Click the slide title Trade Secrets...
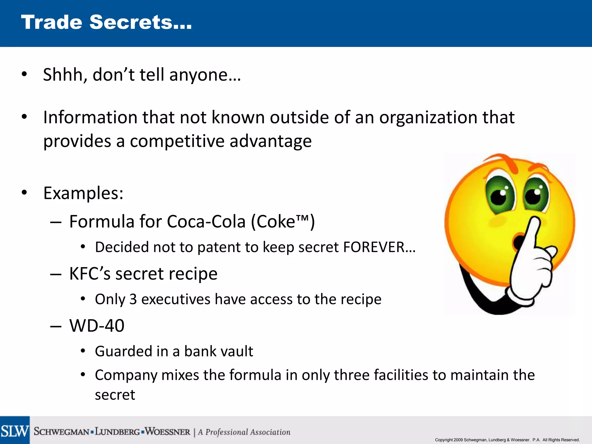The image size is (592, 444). click(x=106, y=22)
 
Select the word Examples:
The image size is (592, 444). click(x=83, y=193)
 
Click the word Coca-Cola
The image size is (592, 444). click(x=206, y=222)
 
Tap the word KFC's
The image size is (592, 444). click(x=90, y=273)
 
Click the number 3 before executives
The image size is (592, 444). click(x=133, y=299)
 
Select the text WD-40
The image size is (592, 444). click(x=97, y=326)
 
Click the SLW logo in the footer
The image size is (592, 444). click(x=15, y=431)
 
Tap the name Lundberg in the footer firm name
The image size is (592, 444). click(x=117, y=432)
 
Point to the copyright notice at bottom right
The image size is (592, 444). click(x=507, y=440)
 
